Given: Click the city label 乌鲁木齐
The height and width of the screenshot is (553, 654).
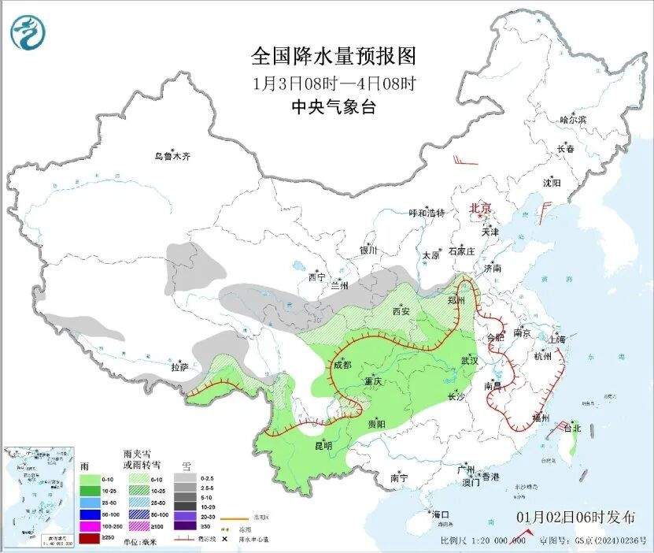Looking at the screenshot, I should pyautogui.click(x=172, y=157).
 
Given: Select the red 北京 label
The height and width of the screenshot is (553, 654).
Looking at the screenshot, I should pyautogui.click(x=479, y=208).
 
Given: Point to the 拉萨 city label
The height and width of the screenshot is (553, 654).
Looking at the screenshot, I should pyautogui.click(x=179, y=366).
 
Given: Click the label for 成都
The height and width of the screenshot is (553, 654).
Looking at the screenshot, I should pyautogui.click(x=341, y=365).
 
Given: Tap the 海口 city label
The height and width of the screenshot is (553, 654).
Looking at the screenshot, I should pyautogui.click(x=442, y=514).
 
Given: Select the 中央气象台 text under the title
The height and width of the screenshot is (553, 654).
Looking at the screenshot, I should pyautogui.click(x=333, y=107).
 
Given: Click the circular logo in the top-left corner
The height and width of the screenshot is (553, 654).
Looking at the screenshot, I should pyautogui.click(x=28, y=32).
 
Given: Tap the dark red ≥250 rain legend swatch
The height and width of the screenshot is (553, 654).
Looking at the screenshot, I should pyautogui.click(x=89, y=537).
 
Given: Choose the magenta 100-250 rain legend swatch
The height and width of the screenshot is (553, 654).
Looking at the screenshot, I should pyautogui.click(x=89, y=525).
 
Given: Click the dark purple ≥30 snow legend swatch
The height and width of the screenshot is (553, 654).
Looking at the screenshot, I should pyautogui.click(x=186, y=525).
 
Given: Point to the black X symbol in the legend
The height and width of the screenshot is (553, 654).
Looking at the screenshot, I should pyautogui.click(x=224, y=539).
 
